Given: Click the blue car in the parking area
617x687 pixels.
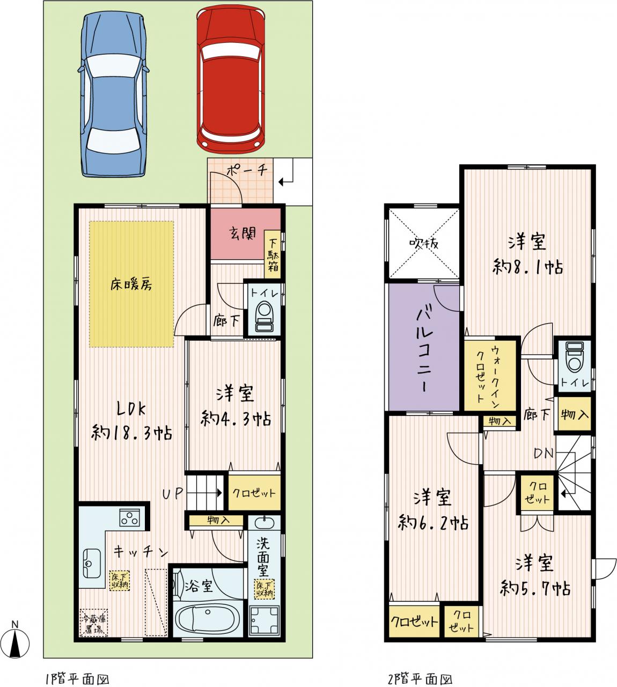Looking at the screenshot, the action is pyautogui.click(x=114, y=94).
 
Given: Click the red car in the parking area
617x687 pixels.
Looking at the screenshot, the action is pyautogui.click(x=231, y=81).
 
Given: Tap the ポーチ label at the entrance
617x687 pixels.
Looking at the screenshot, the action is pyautogui.click(x=247, y=171).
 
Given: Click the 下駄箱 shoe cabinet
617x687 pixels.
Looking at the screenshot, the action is pyautogui.click(x=273, y=254).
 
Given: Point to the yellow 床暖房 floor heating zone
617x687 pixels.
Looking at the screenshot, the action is pyautogui.click(x=131, y=284).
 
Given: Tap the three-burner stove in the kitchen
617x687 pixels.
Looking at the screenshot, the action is pyautogui.click(x=129, y=517).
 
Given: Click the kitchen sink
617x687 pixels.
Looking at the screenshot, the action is pyautogui.click(x=92, y=563).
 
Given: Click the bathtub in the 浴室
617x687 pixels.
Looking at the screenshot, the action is pyautogui.click(x=207, y=620).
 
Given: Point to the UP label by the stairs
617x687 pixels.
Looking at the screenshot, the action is pyautogui.click(x=173, y=494).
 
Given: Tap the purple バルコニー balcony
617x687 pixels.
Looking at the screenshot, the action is pyautogui.click(x=424, y=347).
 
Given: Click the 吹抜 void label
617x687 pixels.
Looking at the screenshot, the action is pyautogui.click(x=424, y=244).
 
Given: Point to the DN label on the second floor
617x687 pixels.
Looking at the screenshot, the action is pyautogui.click(x=544, y=454).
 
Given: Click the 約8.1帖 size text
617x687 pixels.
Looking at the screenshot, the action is pyautogui.click(x=527, y=267).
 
